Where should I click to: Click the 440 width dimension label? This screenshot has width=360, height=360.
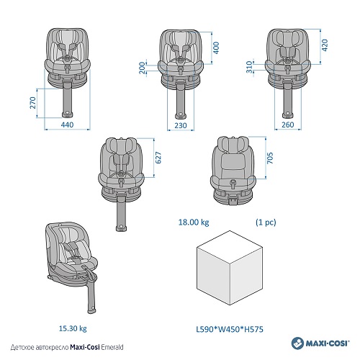[67, 125]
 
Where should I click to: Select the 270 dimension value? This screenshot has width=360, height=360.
[33, 103]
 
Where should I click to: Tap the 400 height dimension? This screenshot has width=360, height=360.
[216, 48]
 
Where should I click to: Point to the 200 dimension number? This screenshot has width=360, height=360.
[143, 68]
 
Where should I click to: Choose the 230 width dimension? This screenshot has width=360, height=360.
[181, 125]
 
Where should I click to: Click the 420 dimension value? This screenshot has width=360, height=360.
[325, 45]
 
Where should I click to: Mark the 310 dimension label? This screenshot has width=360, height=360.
[250, 67]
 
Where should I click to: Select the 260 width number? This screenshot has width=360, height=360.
[287, 125]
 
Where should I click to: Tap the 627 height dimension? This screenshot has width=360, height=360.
[158, 158]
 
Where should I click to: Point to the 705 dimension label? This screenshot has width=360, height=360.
[270, 158]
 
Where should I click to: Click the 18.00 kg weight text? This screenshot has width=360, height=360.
[194, 222]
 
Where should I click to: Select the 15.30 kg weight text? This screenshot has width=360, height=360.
[73, 328]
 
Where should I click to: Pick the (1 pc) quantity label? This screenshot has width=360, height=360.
[266, 222]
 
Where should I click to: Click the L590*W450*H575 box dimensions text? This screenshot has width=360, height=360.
[230, 329]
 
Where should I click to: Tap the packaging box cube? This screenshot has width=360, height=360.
[230, 268]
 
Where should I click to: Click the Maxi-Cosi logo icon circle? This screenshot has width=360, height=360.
[298, 343]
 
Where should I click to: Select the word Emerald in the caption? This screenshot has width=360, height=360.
[112, 347]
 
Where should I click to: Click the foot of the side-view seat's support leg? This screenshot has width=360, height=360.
[91, 310]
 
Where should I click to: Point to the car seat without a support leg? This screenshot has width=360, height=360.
[233, 171]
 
